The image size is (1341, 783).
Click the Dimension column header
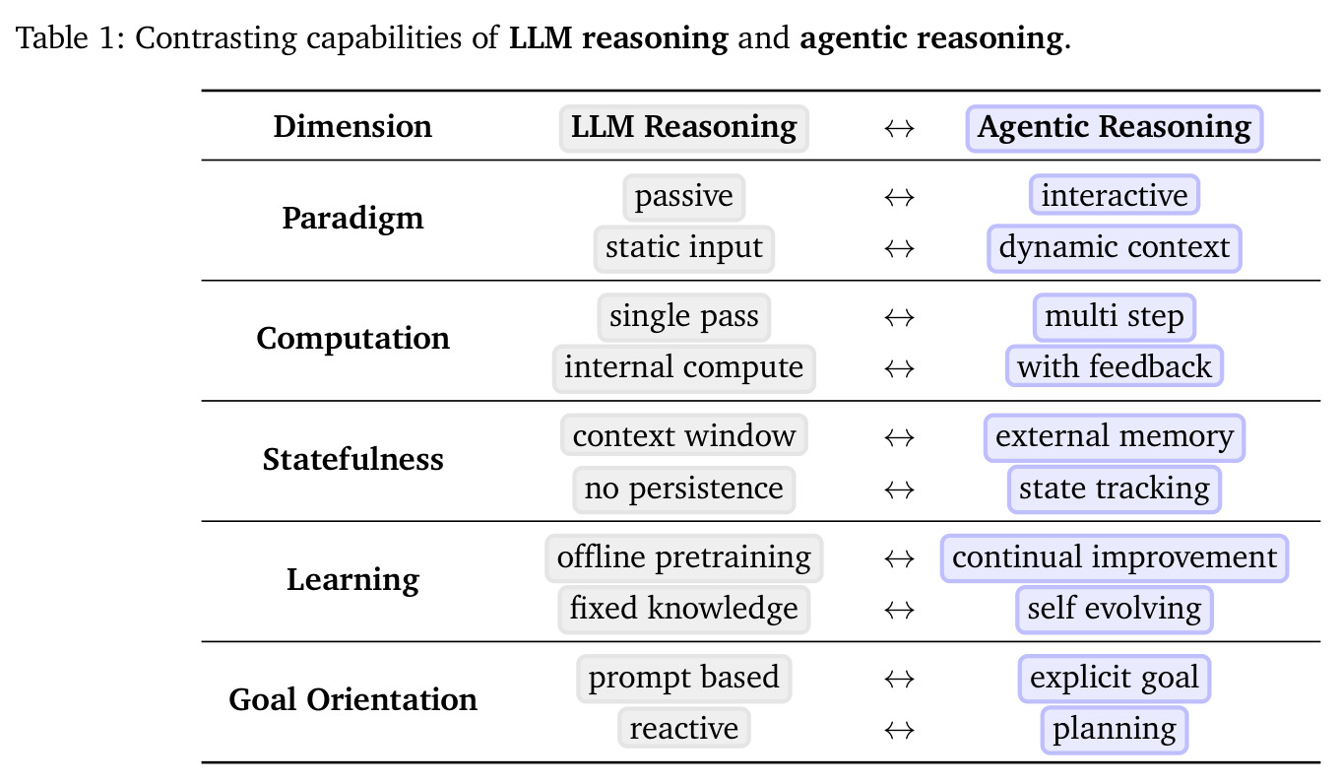pyautogui.click(x=352, y=126)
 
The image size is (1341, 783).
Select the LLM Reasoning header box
pyautogui.click(x=683, y=128)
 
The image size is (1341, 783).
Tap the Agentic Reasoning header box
pyautogui.click(x=1115, y=128)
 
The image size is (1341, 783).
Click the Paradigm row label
pyautogui.click(x=352, y=218)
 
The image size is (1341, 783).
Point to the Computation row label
pyautogui.click(x=352, y=339)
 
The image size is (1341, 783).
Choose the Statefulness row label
pyautogui.click(x=352, y=460)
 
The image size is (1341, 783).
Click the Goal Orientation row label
pyautogui.click(x=352, y=699)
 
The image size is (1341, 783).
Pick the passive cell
pyautogui.click(x=683, y=197)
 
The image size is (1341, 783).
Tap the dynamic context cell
pyautogui.click(x=1115, y=248)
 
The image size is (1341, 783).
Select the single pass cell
pyautogui.click(x=683, y=317)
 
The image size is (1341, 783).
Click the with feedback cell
pyautogui.click(x=1115, y=366)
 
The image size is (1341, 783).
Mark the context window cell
pyautogui.click(x=683, y=435)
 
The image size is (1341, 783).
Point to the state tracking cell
pyautogui.click(x=1115, y=489)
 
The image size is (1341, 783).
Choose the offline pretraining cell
pyautogui.click(x=683, y=558)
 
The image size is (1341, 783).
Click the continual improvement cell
pyautogui.click(x=1115, y=558)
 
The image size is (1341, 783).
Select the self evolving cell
pyautogui.click(x=1115, y=610)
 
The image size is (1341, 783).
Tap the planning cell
pyautogui.click(x=1115, y=730)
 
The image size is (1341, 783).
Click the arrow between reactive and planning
pyautogui.click(x=899, y=730)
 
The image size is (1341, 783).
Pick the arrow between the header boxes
pyautogui.click(x=899, y=128)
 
